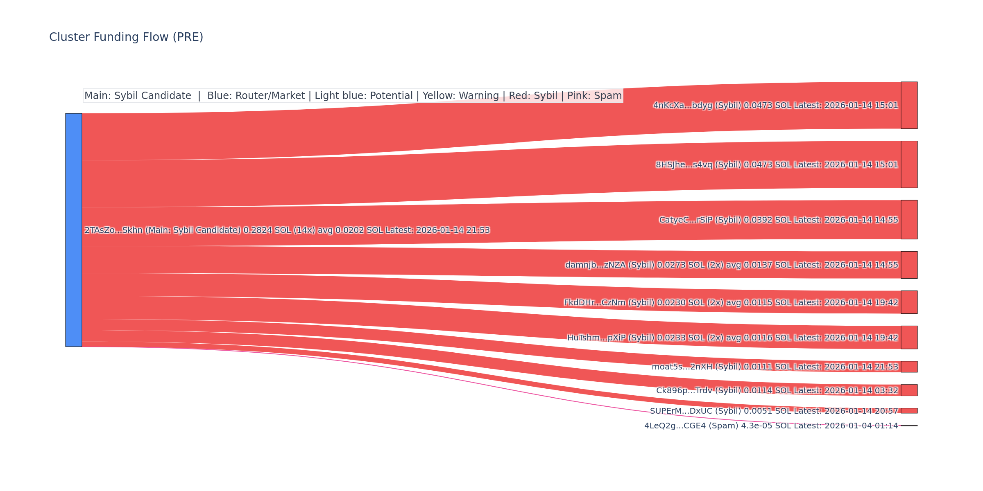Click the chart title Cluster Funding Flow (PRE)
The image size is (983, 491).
pos(126,37)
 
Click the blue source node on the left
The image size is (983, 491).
pos(74,230)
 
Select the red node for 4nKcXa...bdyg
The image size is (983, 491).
pos(909,105)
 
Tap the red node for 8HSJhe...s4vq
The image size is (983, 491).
pos(909,164)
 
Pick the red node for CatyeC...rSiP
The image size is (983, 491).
pos(909,220)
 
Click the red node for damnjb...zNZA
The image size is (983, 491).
pos(909,265)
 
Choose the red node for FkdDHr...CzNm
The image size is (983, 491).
pos(909,302)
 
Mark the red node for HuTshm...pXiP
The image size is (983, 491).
pos(909,338)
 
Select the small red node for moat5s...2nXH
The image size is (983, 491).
pos(909,367)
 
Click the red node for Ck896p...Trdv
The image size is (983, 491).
pos(909,390)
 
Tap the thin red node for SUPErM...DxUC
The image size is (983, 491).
pos(909,411)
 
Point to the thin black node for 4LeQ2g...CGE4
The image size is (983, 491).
pos(909,426)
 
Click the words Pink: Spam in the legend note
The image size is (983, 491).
pos(594,96)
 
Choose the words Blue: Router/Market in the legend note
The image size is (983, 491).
pos(256,96)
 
